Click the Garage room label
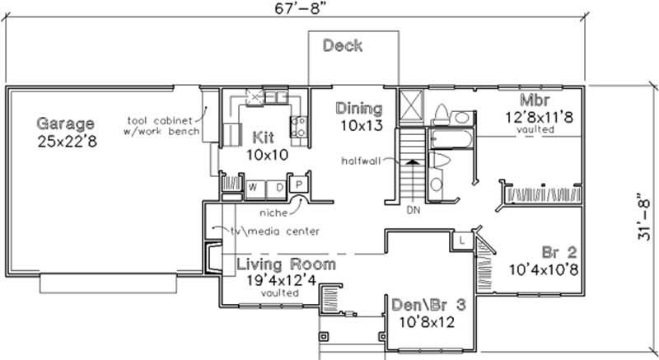tap(65, 124)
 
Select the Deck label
tap(342, 45)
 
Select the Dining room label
tap(359, 108)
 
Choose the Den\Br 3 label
tap(428, 304)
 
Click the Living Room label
tap(286, 264)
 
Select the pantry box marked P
tap(299, 185)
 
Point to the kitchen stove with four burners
tap(299, 126)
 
